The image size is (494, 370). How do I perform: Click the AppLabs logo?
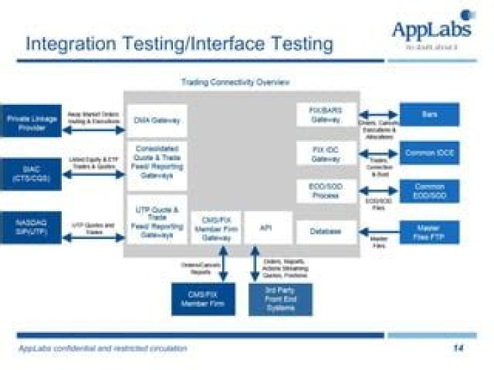pyautogui.click(x=432, y=29)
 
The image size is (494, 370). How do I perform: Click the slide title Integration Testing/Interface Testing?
pyautogui.click(x=179, y=43)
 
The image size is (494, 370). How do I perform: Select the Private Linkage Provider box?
pyautogui.click(x=32, y=123)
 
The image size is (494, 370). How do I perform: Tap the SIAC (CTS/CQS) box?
pyautogui.click(x=32, y=174)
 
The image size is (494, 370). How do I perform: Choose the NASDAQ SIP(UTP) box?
pyautogui.click(x=32, y=227)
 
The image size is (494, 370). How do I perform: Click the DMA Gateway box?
pyautogui.click(x=157, y=121)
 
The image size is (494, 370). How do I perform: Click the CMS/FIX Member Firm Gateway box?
pyautogui.click(x=215, y=228)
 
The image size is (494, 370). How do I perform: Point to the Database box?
pyautogui.click(x=326, y=232)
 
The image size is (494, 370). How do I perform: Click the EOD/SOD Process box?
pyautogui.click(x=326, y=191)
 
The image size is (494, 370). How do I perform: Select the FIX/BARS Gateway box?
pyautogui.click(x=326, y=114)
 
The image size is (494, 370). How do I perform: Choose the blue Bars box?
pyautogui.click(x=430, y=114)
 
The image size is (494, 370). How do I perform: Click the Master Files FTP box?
pyautogui.click(x=430, y=232)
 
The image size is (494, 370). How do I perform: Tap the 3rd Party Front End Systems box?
pyautogui.click(x=280, y=299)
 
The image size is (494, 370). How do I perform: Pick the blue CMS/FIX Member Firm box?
pyautogui.click(x=202, y=299)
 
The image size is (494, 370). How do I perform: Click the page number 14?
pyautogui.click(x=458, y=348)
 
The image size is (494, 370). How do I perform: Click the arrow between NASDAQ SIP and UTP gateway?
pyautogui.click(x=93, y=237)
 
